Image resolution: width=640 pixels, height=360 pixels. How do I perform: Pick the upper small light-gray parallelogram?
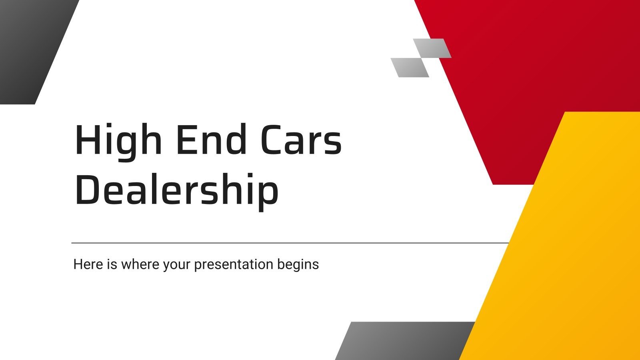[432, 48]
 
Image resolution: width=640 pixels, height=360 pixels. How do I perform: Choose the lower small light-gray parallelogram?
[410, 67]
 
